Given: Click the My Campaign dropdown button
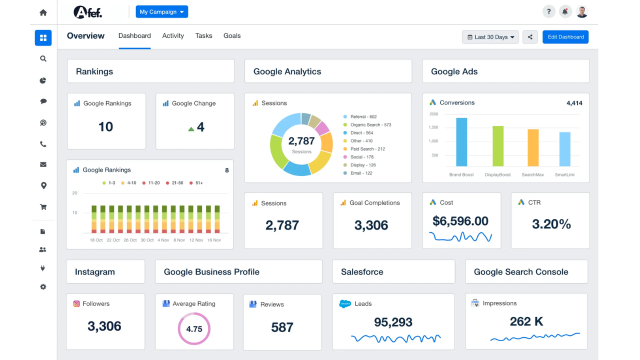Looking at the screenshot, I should [161, 11].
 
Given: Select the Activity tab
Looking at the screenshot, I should [173, 36].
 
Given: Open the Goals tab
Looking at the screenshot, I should [232, 36].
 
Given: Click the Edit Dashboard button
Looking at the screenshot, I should [565, 37].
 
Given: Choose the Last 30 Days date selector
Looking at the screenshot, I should [490, 37].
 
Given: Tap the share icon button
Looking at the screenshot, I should [530, 37].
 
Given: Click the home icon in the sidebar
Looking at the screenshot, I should [43, 12].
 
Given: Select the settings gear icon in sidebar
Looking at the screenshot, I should [43, 287].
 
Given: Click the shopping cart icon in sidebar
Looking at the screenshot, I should [43, 207].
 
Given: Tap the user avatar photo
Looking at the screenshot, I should [581, 12].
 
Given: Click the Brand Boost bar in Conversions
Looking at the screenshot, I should [461, 142].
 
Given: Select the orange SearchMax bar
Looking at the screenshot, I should [533, 147].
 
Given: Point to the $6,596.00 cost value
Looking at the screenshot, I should [460, 221].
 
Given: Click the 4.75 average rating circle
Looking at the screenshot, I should [194, 329].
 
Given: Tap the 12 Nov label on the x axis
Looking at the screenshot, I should [196, 240].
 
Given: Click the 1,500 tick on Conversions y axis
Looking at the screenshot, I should [433, 127].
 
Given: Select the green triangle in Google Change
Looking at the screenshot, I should [191, 129].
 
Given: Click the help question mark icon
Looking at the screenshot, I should [548, 12].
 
